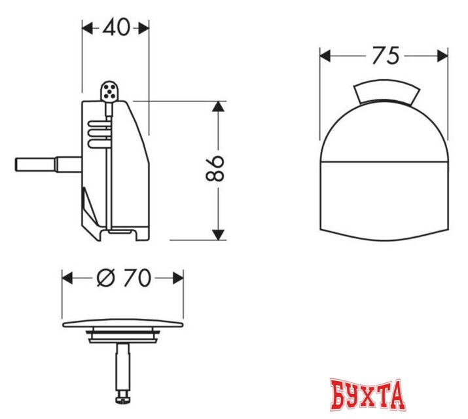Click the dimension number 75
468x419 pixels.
(x=384, y=56)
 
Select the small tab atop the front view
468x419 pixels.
(x=384, y=94)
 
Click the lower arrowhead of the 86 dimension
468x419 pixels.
(x=219, y=234)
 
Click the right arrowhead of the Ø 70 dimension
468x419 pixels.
(x=179, y=278)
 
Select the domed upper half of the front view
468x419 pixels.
(x=384, y=131)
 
